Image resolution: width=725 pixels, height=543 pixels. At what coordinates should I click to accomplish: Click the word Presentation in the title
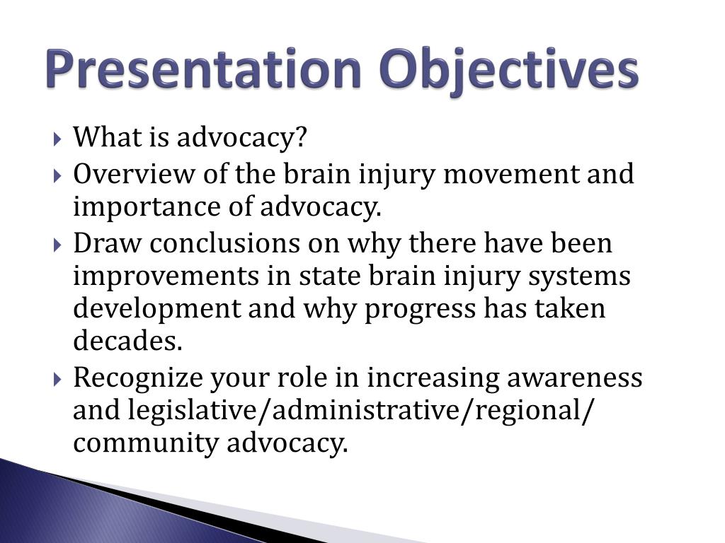pyautogui.click(x=203, y=69)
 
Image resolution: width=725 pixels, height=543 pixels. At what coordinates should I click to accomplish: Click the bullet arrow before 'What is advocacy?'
pyautogui.click(x=57, y=139)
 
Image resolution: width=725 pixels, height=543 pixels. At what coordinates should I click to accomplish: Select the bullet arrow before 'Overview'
pyautogui.click(x=57, y=175)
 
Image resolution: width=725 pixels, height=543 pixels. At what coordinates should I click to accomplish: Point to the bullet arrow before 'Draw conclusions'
pyautogui.click(x=57, y=245)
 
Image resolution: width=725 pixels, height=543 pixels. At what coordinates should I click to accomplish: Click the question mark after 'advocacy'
pyautogui.click(x=300, y=136)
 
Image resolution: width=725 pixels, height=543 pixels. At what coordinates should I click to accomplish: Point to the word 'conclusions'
pyautogui.click(x=224, y=243)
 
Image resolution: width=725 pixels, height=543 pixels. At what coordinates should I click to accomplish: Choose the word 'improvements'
pyautogui.click(x=166, y=276)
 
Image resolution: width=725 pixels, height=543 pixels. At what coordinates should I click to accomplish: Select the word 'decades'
pyautogui.click(x=127, y=341)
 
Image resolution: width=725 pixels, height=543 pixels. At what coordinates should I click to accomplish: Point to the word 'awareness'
pyautogui.click(x=575, y=378)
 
